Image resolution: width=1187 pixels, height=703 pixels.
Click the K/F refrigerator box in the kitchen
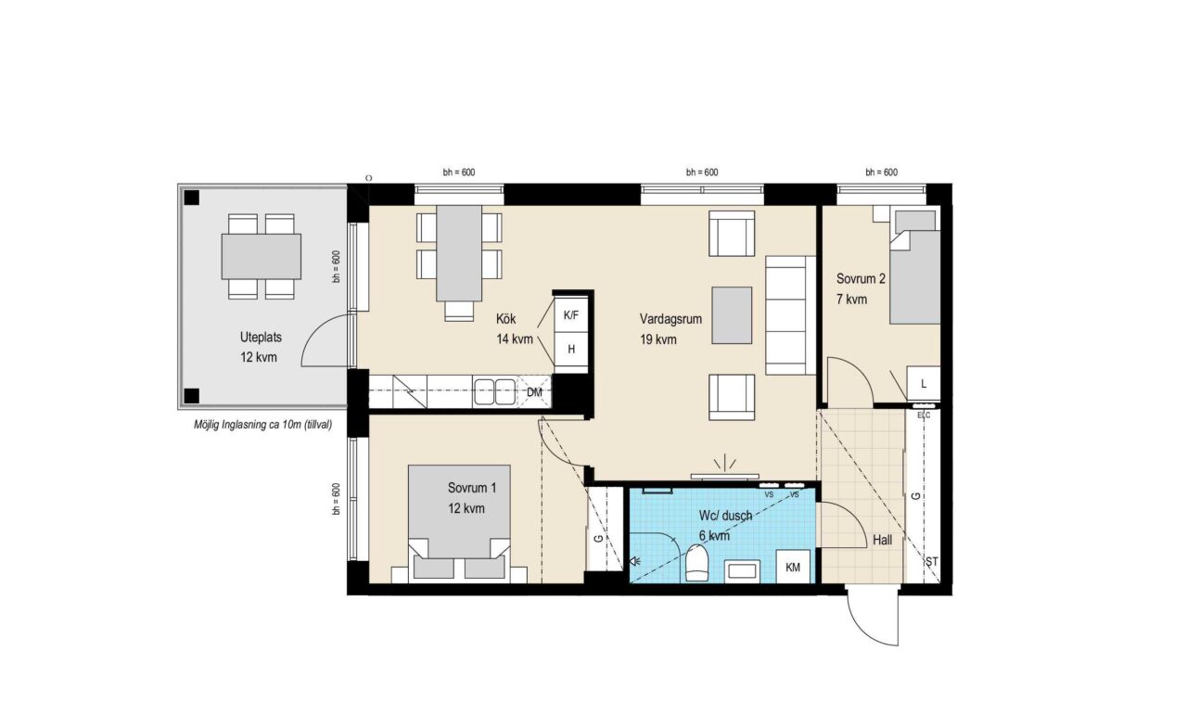(x=570, y=315)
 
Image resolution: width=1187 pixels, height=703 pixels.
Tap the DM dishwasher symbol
(x=534, y=392)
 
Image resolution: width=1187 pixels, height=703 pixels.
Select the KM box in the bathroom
(x=793, y=567)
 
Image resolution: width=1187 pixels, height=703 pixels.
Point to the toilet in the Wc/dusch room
(x=696, y=563)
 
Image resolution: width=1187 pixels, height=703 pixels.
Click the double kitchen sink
(x=494, y=391)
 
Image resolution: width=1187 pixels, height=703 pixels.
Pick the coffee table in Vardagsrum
(x=732, y=315)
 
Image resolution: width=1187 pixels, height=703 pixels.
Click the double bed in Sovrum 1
(x=459, y=522)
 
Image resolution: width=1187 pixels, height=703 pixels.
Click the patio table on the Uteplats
(x=262, y=257)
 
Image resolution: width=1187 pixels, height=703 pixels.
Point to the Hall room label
(x=882, y=541)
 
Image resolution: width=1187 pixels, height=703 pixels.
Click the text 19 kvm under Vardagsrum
(x=658, y=339)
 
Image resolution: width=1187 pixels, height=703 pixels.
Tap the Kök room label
(x=505, y=319)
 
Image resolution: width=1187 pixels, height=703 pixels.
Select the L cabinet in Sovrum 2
(x=924, y=383)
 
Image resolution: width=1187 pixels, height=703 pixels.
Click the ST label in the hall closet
(x=932, y=561)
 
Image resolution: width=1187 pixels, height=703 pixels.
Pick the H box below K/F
(x=570, y=349)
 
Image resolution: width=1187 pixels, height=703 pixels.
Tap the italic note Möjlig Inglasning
(x=262, y=425)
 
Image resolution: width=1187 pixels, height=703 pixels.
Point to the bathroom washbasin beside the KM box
(x=743, y=570)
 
